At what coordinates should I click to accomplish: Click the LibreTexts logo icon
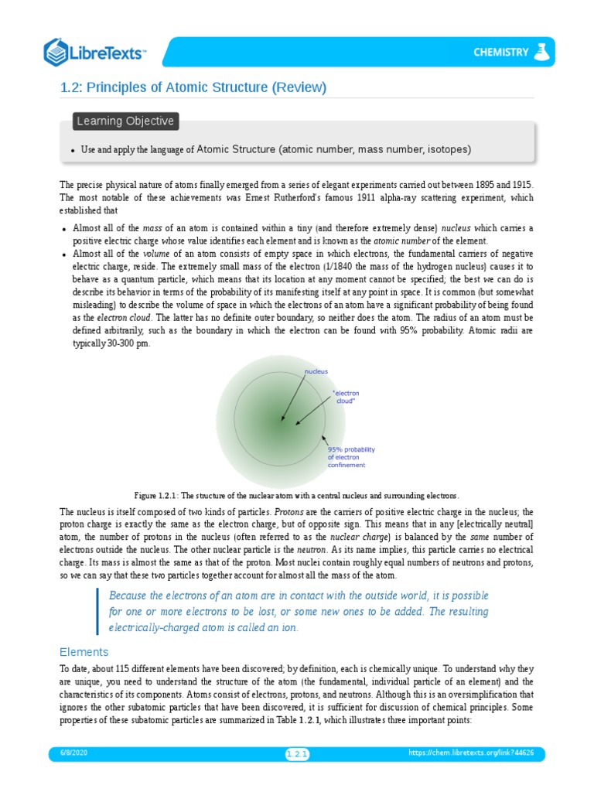[56, 52]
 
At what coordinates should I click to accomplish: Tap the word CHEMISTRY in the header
[501, 53]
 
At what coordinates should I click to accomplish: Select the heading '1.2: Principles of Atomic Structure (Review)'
[193, 87]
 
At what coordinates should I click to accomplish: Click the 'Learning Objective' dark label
[125, 121]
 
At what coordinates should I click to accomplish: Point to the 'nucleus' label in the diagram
[316, 371]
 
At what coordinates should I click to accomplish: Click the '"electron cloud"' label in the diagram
[345, 398]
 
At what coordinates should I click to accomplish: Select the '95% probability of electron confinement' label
[351, 457]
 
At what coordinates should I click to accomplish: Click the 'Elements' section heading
[84, 651]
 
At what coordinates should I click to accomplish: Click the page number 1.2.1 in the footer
[297, 754]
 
